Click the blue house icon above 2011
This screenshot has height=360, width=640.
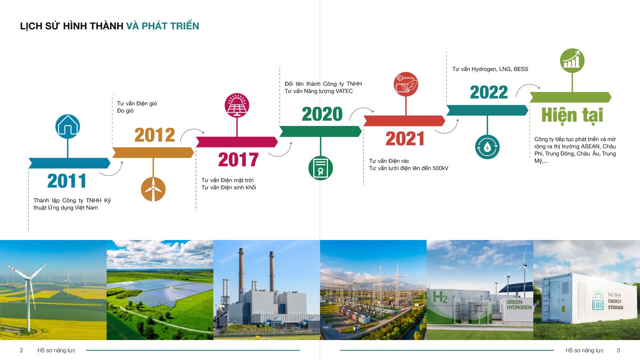click(x=68, y=126)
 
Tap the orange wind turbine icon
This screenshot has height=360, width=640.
click(x=153, y=189)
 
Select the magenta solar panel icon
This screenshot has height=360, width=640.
click(x=237, y=105)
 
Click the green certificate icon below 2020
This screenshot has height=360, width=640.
click(x=320, y=168)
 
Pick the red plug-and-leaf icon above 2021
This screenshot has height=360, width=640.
click(x=406, y=84)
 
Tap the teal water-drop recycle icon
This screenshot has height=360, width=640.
click(x=487, y=147)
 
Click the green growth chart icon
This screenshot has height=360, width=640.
click(x=572, y=60)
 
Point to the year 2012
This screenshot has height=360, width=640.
click(x=154, y=135)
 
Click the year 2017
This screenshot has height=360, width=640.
click(x=238, y=160)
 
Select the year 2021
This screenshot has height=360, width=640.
click(x=405, y=138)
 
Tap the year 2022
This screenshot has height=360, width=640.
click(x=489, y=92)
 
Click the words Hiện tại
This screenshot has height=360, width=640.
click(x=572, y=116)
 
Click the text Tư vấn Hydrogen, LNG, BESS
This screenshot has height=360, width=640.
click(x=490, y=69)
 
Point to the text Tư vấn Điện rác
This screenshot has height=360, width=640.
click(x=389, y=161)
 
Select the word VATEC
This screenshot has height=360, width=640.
click(x=344, y=91)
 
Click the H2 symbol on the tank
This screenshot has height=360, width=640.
click(x=440, y=297)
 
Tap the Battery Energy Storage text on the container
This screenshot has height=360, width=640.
click(x=616, y=301)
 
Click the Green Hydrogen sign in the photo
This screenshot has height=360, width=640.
click(x=519, y=305)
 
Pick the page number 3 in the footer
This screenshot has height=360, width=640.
click(x=618, y=350)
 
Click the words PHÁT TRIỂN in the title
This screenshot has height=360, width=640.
click(x=170, y=26)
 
